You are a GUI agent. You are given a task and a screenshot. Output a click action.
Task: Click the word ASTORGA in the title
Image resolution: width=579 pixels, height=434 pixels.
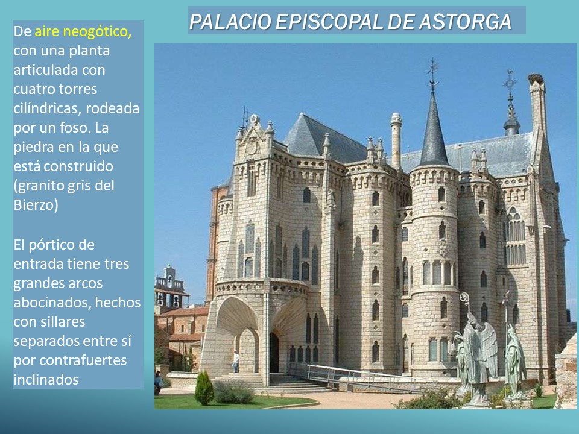465,22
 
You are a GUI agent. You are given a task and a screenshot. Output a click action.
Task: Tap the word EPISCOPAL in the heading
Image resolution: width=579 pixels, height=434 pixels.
329,22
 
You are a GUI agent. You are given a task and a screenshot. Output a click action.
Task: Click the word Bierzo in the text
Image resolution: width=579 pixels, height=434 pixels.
36,204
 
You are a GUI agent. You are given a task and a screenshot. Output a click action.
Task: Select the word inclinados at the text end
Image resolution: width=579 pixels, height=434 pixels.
46,379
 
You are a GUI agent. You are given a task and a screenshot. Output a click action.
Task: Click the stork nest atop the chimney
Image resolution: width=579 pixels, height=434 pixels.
536,78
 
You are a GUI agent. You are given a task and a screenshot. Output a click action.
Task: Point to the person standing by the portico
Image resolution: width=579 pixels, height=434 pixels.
236,361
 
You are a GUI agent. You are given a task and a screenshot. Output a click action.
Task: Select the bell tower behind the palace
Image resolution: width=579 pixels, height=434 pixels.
169,288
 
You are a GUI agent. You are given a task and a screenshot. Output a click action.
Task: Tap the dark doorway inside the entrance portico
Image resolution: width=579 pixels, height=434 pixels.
274,353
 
